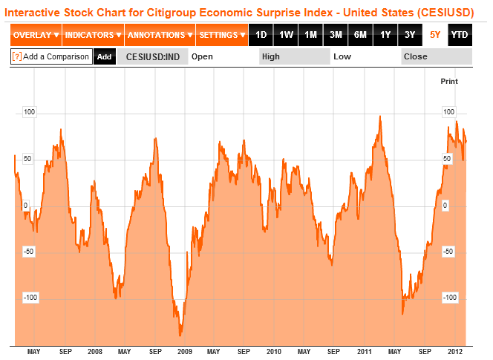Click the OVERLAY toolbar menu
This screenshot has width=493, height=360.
[36, 35]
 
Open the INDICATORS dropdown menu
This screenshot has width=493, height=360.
[92, 35]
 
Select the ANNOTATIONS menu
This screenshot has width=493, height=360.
[160, 35]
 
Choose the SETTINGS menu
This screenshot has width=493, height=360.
[222, 35]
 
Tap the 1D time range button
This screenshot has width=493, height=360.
[260, 35]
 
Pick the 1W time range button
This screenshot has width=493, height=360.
[285, 35]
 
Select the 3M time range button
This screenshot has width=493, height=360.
[336, 35]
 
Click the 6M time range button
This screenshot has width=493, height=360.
[360, 35]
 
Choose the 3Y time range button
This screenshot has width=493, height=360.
[410, 35]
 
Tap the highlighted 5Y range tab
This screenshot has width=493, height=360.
[435, 35]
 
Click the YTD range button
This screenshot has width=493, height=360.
[460, 35]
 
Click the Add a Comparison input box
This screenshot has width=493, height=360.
[51, 56]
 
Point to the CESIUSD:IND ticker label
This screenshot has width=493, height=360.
[151, 56]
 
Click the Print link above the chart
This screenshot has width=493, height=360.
[449, 80]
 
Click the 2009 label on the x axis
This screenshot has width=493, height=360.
[185, 351]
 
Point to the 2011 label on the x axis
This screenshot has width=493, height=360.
[365, 351]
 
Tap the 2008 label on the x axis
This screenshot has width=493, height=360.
[95, 351]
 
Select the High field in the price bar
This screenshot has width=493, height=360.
[293, 56]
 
